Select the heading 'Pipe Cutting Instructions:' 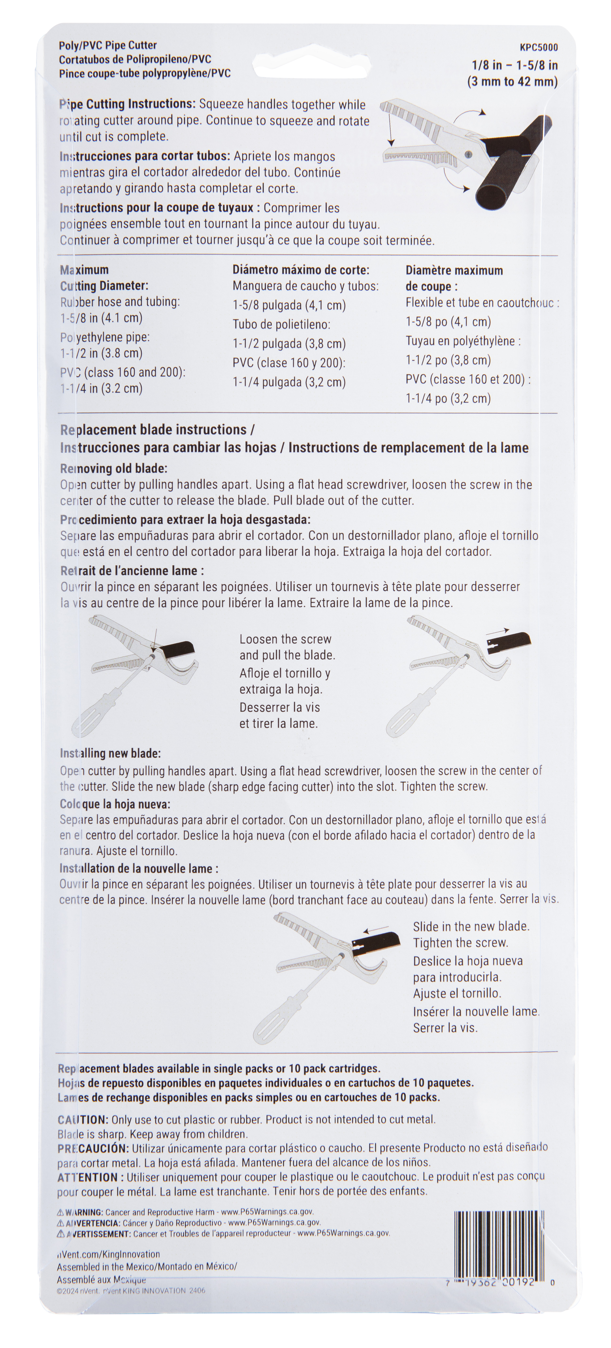(127, 104)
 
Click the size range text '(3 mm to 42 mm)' (512, 82)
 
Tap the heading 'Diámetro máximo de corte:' (301, 270)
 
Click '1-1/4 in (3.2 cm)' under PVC (101, 388)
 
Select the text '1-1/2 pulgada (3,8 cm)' (289, 344)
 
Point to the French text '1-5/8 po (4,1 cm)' (448, 322)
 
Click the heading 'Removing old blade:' (114, 468)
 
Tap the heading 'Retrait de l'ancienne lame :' (132, 571)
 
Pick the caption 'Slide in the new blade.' (471, 926)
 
